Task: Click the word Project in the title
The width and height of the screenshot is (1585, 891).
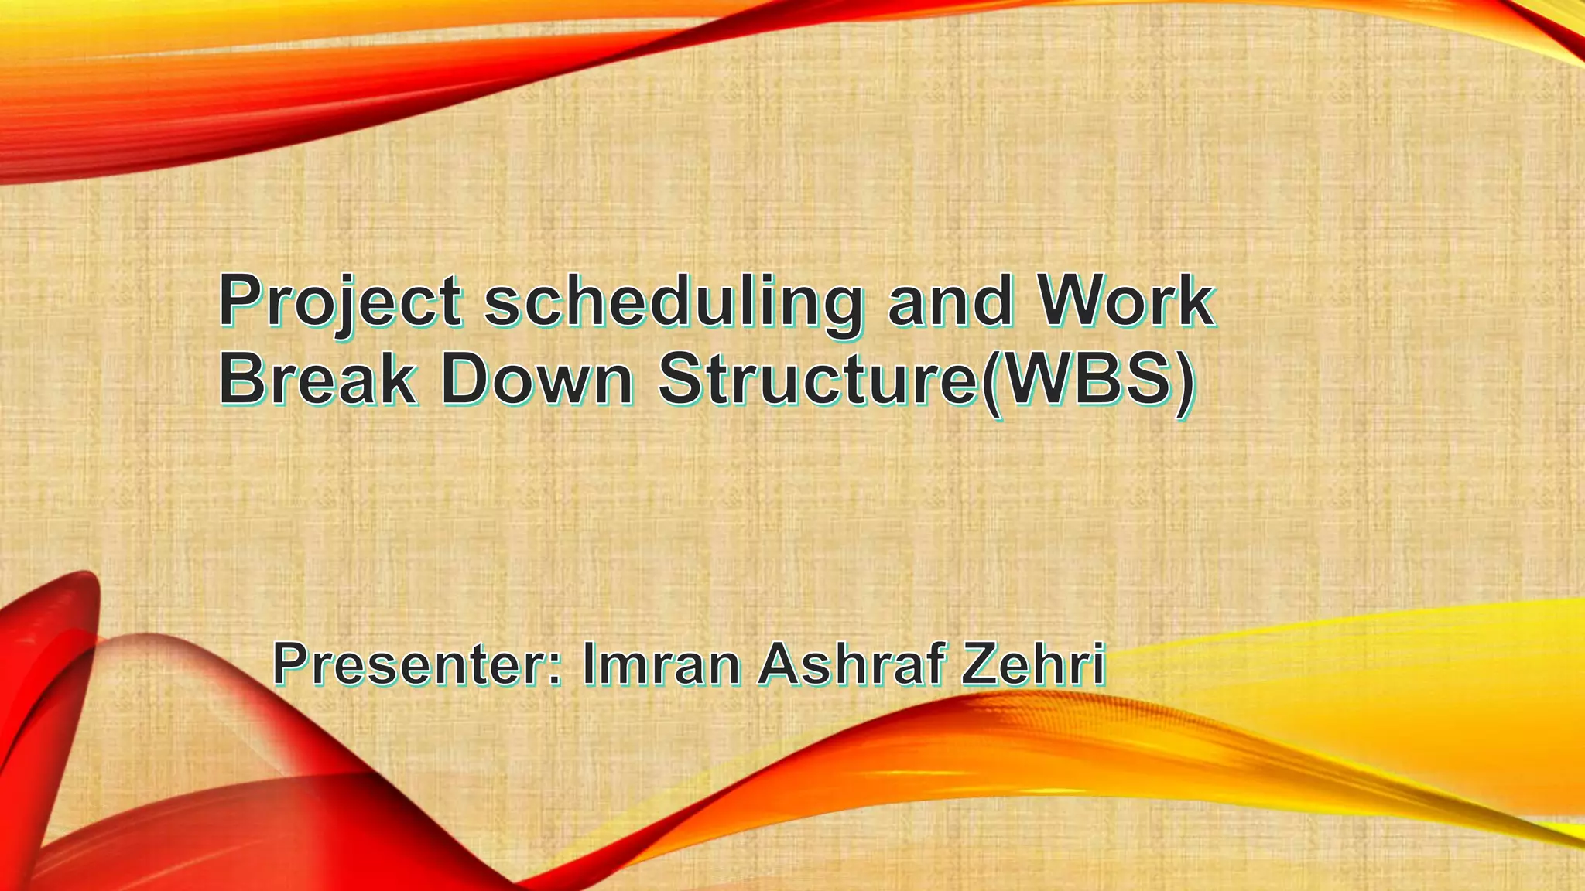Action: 341,302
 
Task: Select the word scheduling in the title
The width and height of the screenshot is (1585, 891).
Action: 673,302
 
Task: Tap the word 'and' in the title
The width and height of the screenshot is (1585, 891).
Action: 950,302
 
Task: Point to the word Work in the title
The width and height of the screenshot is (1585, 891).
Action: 1126,301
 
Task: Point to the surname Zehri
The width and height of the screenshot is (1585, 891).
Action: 1033,664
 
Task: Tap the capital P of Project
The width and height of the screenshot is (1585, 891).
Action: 244,301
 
